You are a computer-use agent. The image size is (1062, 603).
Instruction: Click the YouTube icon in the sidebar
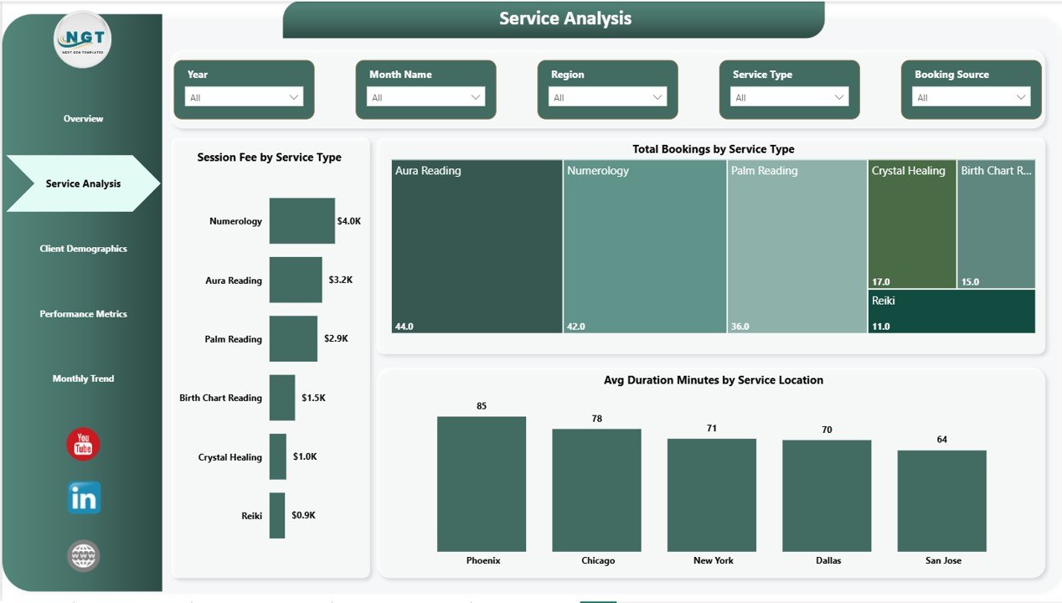click(83, 444)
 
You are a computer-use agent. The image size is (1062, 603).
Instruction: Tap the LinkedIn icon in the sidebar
click(84, 498)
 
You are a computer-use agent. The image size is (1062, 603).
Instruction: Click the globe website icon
click(83, 555)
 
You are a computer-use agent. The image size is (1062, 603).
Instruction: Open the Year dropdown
click(244, 97)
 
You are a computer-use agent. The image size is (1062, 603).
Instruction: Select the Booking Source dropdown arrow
click(1021, 97)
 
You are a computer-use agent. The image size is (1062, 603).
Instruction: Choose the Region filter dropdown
click(607, 97)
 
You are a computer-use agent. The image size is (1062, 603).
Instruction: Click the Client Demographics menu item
click(83, 249)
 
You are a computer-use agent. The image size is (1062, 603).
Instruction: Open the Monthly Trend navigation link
click(83, 379)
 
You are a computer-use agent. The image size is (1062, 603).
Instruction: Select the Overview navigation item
click(83, 119)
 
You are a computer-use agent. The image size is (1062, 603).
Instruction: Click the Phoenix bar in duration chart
click(482, 483)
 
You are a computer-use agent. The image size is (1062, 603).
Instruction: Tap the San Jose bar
click(941, 500)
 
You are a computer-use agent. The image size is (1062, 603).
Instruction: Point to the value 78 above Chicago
click(596, 419)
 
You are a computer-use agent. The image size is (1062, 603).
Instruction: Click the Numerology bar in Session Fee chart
click(302, 221)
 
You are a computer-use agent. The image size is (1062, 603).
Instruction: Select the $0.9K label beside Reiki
click(303, 515)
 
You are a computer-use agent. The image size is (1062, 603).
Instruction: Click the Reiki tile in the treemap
click(951, 311)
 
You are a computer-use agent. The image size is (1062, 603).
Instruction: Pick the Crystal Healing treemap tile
click(911, 224)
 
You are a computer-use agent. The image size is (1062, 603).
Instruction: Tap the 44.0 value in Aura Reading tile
click(404, 326)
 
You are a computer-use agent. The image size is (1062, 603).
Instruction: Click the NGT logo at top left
click(82, 39)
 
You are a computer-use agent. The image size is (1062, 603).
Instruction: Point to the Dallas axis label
click(827, 560)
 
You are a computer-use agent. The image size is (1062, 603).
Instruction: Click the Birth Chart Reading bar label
click(220, 398)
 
